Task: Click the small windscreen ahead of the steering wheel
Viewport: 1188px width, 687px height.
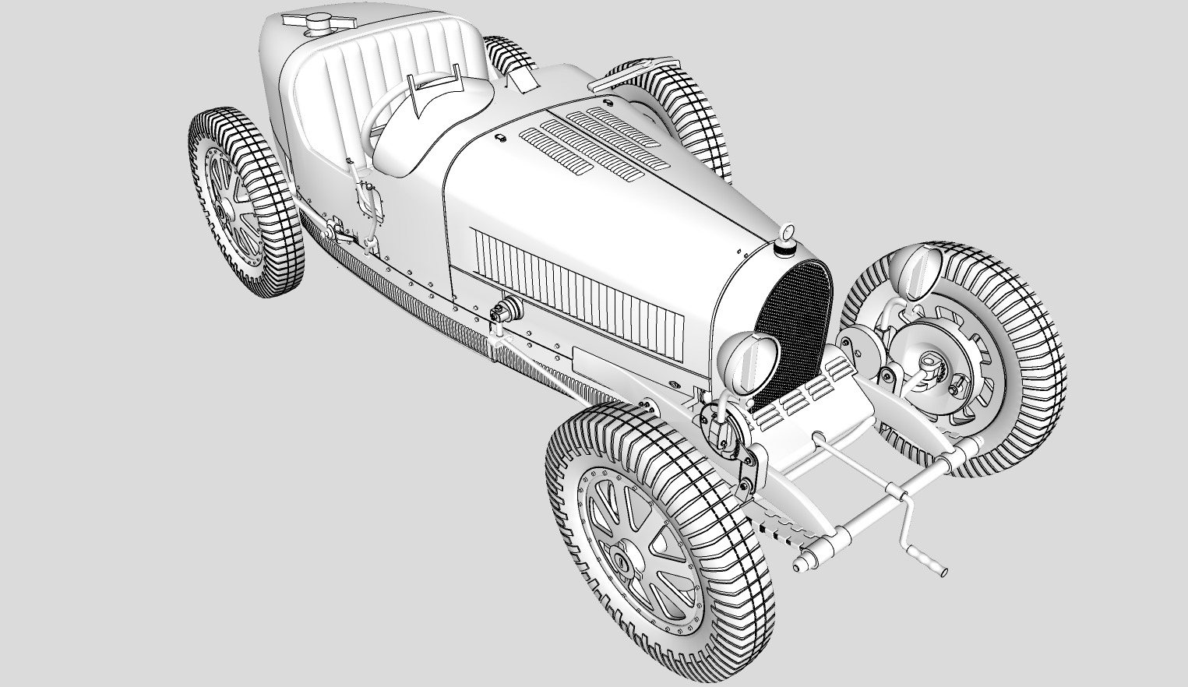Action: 436,93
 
